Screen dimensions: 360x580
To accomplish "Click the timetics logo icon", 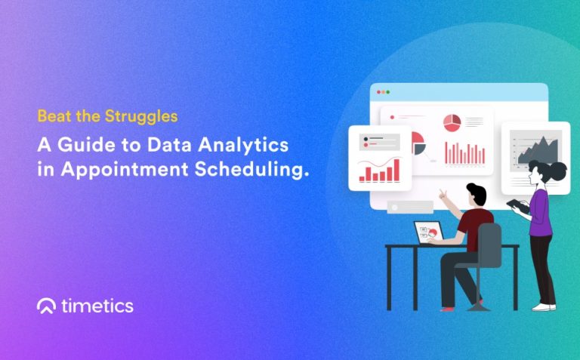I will click(46, 306).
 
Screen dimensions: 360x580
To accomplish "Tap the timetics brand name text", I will click(97, 306).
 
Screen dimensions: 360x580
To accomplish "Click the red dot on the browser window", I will click(379, 92).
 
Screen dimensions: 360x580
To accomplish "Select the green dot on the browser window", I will click(389, 92).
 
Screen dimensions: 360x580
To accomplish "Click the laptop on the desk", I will click(428, 232).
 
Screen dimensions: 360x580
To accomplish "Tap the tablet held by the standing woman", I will click(519, 205).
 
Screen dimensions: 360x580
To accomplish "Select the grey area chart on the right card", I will click(535, 149).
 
